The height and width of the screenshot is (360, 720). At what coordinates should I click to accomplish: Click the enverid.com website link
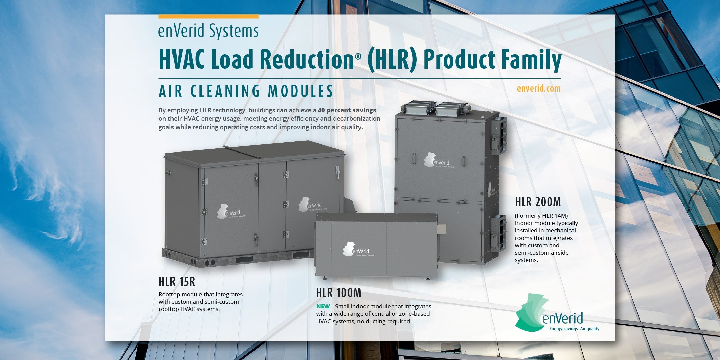(538, 89)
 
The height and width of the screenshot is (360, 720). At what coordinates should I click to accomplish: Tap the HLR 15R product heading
(177, 282)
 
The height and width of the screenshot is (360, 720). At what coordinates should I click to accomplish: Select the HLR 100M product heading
(339, 293)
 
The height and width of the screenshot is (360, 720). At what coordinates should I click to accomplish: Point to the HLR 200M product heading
(538, 202)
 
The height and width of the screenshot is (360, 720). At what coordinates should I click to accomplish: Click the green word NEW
(323, 306)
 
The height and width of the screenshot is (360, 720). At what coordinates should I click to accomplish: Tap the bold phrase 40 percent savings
(347, 110)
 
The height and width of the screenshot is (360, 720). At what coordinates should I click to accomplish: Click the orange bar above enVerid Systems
(208, 16)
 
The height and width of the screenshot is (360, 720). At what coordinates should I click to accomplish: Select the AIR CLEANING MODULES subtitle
(246, 91)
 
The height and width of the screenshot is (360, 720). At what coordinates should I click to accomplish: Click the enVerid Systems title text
(208, 31)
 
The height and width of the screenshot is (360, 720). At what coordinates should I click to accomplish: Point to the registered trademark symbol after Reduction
(358, 57)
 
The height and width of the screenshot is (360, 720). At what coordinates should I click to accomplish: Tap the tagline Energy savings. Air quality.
(575, 329)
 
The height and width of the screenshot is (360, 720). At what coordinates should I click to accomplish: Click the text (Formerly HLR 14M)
(541, 216)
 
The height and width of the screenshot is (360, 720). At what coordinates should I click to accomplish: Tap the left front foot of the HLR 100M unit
(324, 278)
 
